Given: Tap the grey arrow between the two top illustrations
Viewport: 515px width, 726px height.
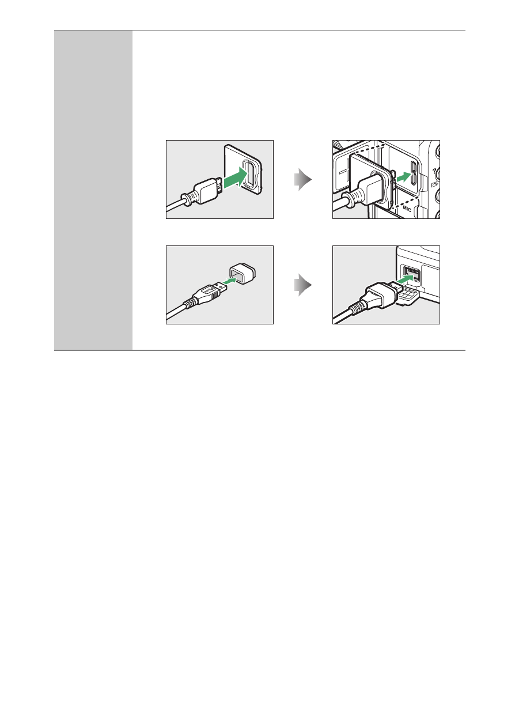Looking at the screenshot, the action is pos(302,180).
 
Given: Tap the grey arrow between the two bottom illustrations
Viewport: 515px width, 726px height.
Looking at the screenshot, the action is pos(302,285).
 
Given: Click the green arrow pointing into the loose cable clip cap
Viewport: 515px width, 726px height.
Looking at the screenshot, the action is pos(230,281).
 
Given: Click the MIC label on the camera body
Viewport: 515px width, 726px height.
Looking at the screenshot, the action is pos(407,209).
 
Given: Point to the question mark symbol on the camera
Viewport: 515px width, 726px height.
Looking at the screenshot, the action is pos(434,171).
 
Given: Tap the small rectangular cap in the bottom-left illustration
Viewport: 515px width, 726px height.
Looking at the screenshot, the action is pos(242,274).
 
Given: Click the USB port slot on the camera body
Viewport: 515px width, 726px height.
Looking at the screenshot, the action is pos(414,172).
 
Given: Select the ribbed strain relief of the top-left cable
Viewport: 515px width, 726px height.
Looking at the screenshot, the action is pos(190,198).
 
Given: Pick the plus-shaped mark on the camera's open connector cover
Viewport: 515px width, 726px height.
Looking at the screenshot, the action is pos(343,171).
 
